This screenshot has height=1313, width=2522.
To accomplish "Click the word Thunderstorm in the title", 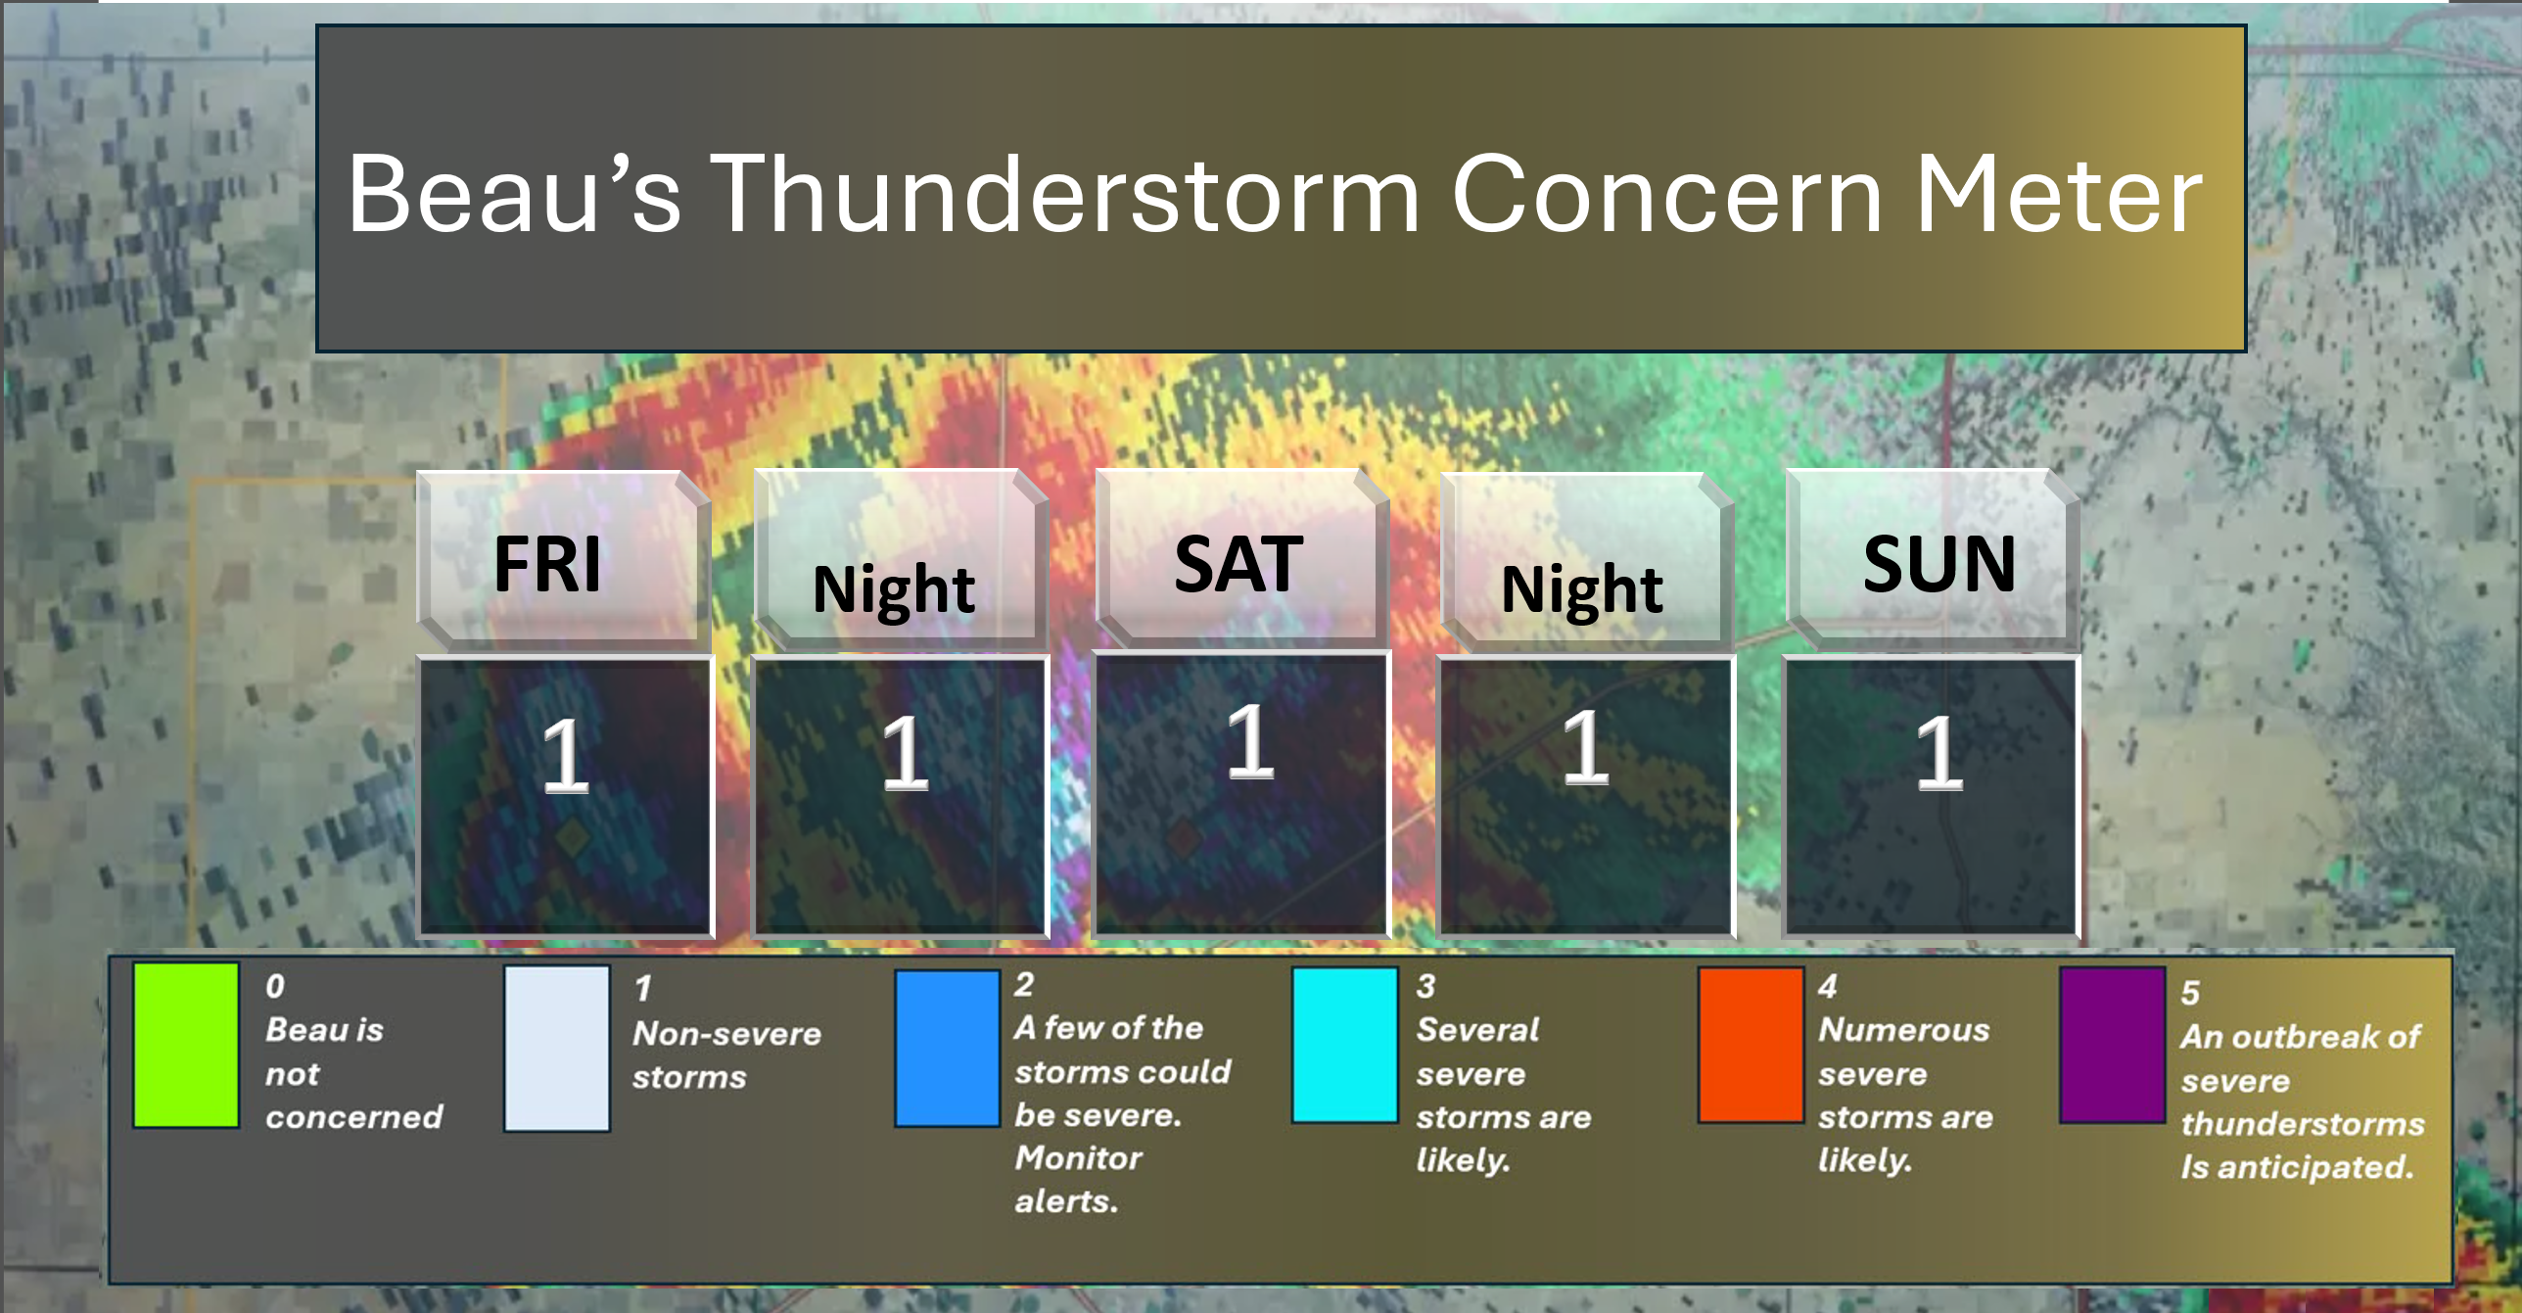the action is pyautogui.click(x=1064, y=194).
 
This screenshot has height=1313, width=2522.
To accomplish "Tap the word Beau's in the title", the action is pyautogui.click(x=514, y=194).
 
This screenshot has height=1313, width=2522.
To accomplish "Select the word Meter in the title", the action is pyautogui.click(x=2059, y=194).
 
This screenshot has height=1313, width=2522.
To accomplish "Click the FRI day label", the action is pyautogui.click(x=547, y=564).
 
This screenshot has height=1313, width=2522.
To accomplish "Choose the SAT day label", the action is pyautogui.click(x=1238, y=564).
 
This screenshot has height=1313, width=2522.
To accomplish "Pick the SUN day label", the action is pyautogui.click(x=1939, y=564).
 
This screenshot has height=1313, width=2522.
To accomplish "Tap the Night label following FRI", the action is pyautogui.click(x=894, y=590).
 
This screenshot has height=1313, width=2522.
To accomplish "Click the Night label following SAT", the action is pyautogui.click(x=1582, y=590).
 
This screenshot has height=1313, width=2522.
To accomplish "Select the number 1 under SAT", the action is pyautogui.click(x=1251, y=741).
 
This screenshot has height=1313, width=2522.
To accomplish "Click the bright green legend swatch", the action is pyautogui.click(x=186, y=1045).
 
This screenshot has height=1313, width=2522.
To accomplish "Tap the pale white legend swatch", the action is pyautogui.click(x=557, y=1049).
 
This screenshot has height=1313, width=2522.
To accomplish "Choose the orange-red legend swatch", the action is pyautogui.click(x=1751, y=1045).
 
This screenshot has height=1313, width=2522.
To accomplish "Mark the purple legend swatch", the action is pyautogui.click(x=2112, y=1045).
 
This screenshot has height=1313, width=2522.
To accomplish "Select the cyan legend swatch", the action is pyautogui.click(x=1345, y=1045).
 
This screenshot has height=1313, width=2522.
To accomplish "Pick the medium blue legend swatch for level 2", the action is pyautogui.click(x=948, y=1049).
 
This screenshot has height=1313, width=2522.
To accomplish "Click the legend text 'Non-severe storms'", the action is pyautogui.click(x=726, y=1055).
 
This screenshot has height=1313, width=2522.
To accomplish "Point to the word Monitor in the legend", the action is pyautogui.click(x=1078, y=1158).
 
